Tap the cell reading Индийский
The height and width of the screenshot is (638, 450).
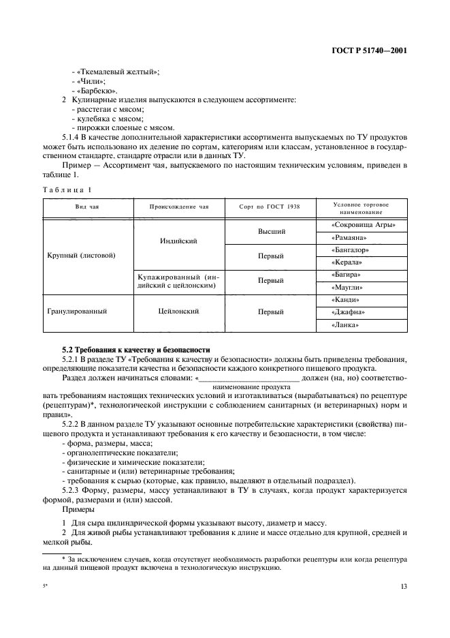coord(179,241)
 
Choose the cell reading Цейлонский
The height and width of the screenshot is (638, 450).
coord(179,312)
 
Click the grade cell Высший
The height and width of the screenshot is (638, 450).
coord(270,231)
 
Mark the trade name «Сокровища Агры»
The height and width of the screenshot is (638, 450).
coord(362,225)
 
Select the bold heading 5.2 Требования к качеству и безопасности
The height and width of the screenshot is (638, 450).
coord(135,350)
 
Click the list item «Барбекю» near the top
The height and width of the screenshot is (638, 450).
coord(97,91)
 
